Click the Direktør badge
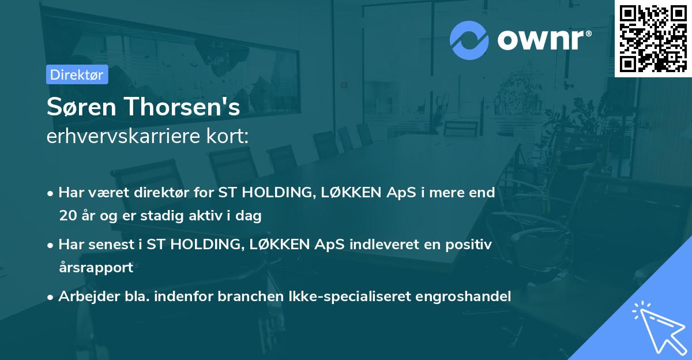77,74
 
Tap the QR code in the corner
653,38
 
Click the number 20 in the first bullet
66,216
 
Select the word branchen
252,297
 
